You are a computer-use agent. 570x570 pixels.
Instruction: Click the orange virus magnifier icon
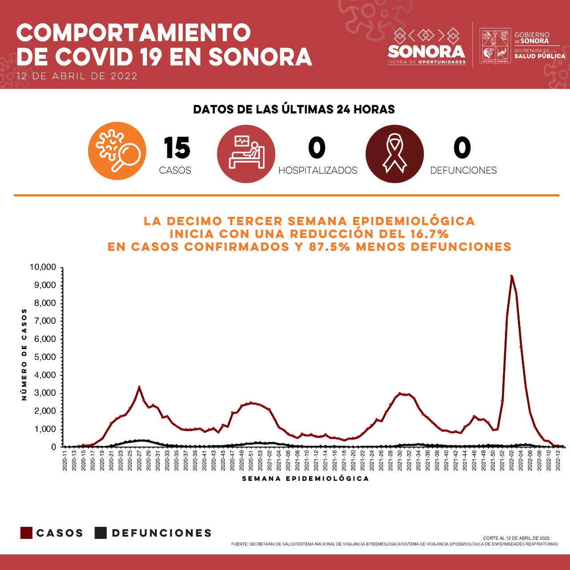coord(117,151)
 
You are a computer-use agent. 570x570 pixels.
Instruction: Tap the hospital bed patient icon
coord(246,154)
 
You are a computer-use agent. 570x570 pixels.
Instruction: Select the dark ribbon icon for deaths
coord(395,154)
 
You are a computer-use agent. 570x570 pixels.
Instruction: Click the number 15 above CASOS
coord(177,148)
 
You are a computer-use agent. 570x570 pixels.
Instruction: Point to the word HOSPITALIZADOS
coord(318,171)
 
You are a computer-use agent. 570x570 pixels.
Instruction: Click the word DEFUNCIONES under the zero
coord(463,171)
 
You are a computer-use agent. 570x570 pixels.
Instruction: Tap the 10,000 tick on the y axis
coord(43,267)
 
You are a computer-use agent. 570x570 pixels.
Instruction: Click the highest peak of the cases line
coord(512,276)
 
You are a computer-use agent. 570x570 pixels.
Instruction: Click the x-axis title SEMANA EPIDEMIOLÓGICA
coord(305,479)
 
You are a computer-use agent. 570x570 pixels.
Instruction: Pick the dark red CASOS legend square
coord(26,533)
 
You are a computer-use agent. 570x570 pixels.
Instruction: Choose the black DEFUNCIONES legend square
coord(101,533)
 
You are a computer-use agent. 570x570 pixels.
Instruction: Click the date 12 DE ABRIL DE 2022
coord(77,76)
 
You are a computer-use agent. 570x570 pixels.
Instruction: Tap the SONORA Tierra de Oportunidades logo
coord(427,47)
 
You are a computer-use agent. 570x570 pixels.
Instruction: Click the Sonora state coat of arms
coord(495,46)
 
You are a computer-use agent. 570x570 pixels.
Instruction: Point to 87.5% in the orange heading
coord(329,246)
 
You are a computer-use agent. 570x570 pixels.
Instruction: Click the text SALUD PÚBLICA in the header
coord(540,57)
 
